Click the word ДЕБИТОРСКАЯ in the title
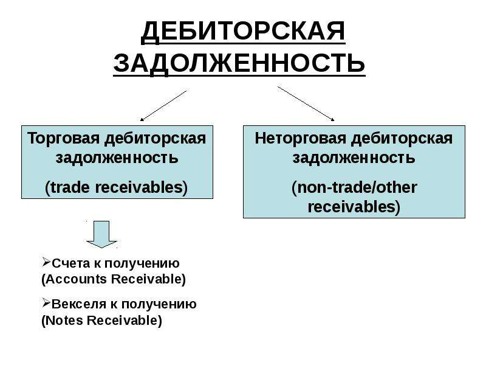tap(243, 32)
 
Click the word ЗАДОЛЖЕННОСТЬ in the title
tap(239, 63)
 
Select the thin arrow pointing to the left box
tap(163, 105)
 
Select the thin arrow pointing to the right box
tap(306, 103)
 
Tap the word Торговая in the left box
tap(64, 139)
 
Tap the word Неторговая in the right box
tap(300, 139)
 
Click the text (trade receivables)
tap(116, 188)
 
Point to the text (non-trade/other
tap(354, 188)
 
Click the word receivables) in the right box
tap(354, 207)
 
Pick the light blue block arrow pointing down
tap(101, 234)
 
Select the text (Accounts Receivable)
tap(114, 279)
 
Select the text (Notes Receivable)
tap(101, 321)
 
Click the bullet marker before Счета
tap(46, 263)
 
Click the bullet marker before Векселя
tap(46, 303)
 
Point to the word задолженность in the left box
tap(117, 158)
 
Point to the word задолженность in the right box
tap(354, 158)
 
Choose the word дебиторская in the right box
tap(402, 139)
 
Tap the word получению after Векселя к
tap(159, 305)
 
